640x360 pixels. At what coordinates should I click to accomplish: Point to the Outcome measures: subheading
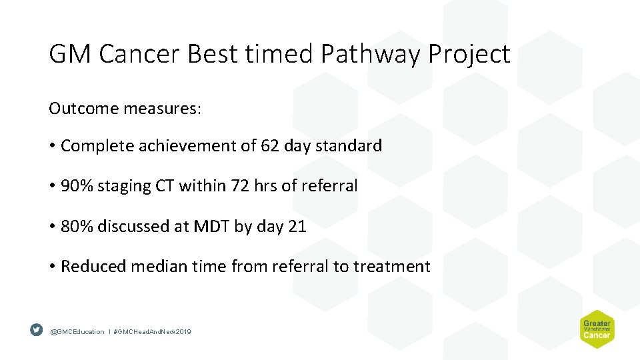click(x=125, y=109)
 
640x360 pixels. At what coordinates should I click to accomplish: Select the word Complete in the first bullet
click(x=98, y=146)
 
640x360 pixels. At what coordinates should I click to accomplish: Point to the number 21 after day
click(x=297, y=226)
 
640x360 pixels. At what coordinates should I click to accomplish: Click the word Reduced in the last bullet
click(x=93, y=266)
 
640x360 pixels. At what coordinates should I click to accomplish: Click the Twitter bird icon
click(x=36, y=330)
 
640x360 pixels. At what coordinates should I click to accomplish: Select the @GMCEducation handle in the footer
click(x=77, y=331)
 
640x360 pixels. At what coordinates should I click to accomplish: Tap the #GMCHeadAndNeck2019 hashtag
click(x=152, y=331)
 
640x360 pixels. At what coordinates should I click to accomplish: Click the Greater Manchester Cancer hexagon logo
click(x=596, y=329)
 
